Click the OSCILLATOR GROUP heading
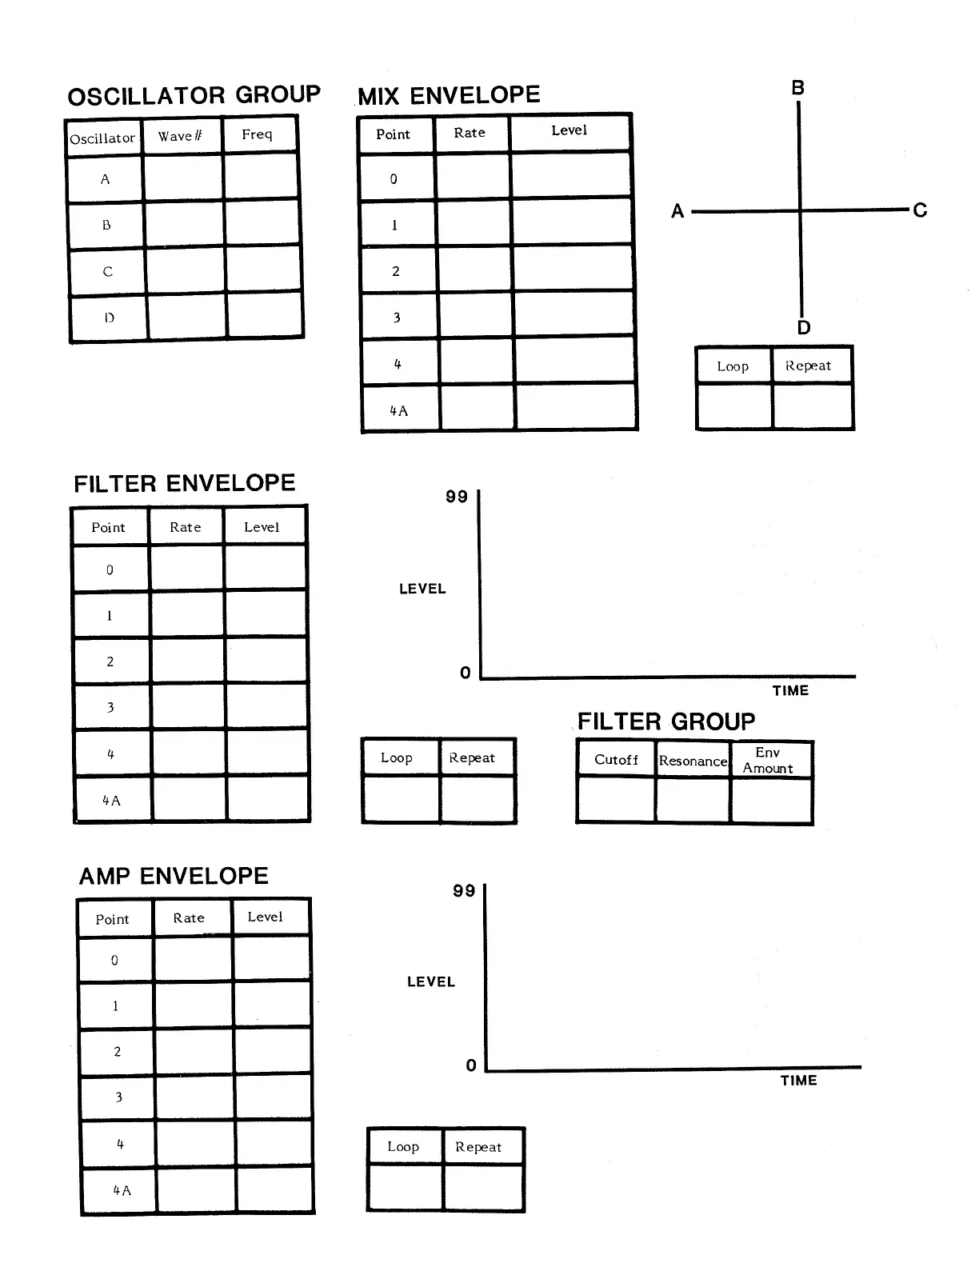(x=194, y=96)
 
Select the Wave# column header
(x=180, y=136)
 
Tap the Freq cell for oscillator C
(x=264, y=270)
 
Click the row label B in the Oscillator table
(x=106, y=226)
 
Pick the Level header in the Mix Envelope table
(x=569, y=130)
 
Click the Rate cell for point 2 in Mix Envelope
(x=474, y=270)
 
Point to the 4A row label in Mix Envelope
(x=398, y=410)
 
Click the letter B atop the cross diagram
(x=797, y=88)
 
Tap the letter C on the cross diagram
(x=920, y=210)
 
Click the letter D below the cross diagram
(x=804, y=327)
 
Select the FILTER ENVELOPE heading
(x=185, y=484)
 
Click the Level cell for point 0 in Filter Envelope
(x=265, y=569)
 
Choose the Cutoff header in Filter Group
(x=616, y=760)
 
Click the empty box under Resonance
(x=693, y=800)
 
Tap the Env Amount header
(x=768, y=760)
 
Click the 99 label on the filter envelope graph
(x=457, y=497)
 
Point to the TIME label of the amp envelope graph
(x=798, y=1081)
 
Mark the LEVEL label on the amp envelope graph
(x=430, y=981)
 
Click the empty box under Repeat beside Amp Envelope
(x=482, y=1187)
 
